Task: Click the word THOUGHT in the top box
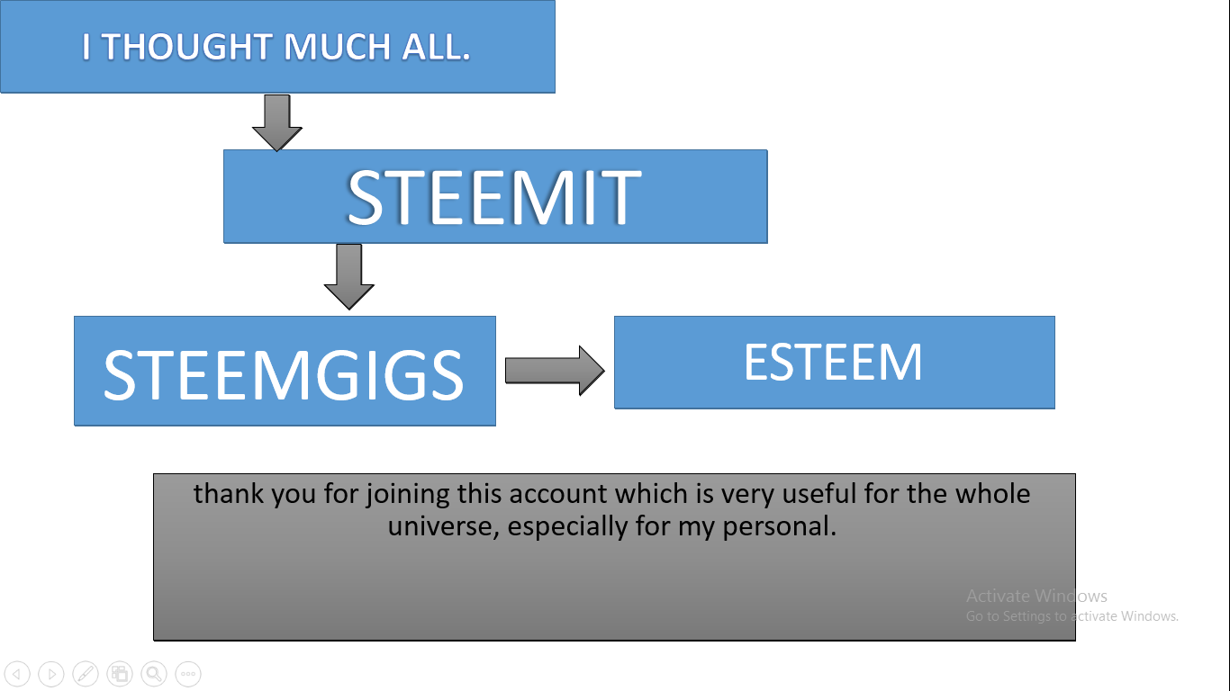click(x=186, y=47)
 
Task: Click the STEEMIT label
click(x=494, y=198)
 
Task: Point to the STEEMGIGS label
click(x=284, y=375)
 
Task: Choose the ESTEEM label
click(x=833, y=362)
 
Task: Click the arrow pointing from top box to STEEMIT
click(x=276, y=122)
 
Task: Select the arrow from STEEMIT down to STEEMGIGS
click(x=348, y=276)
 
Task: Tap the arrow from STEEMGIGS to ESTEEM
click(x=555, y=371)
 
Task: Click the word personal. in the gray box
click(x=779, y=527)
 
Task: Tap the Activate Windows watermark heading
click(x=1036, y=596)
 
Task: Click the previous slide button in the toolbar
click(x=17, y=673)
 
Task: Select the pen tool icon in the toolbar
click(x=86, y=673)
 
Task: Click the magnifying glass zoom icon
click(x=154, y=673)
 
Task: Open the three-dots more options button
click(x=188, y=673)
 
